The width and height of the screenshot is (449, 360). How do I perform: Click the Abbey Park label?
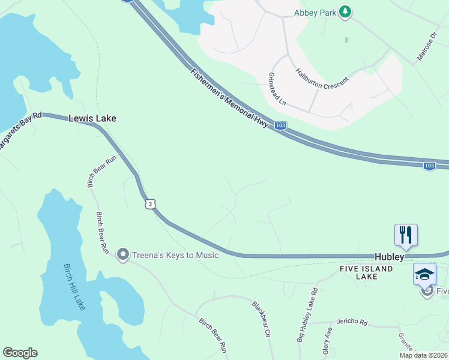(314, 12)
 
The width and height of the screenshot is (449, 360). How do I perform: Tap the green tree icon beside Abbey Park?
(345, 12)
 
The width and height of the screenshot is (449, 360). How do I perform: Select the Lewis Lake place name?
(92, 119)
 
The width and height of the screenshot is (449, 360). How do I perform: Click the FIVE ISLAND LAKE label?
(367, 272)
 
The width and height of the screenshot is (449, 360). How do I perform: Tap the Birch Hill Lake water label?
(74, 286)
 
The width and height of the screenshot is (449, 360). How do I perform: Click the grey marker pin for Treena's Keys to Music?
(123, 255)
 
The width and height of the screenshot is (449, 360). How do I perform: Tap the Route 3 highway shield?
(150, 204)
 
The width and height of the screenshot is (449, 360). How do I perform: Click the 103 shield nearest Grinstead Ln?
(281, 125)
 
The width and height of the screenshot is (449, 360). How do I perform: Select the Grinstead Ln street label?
(277, 89)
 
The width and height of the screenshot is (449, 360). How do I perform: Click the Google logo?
(20, 353)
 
